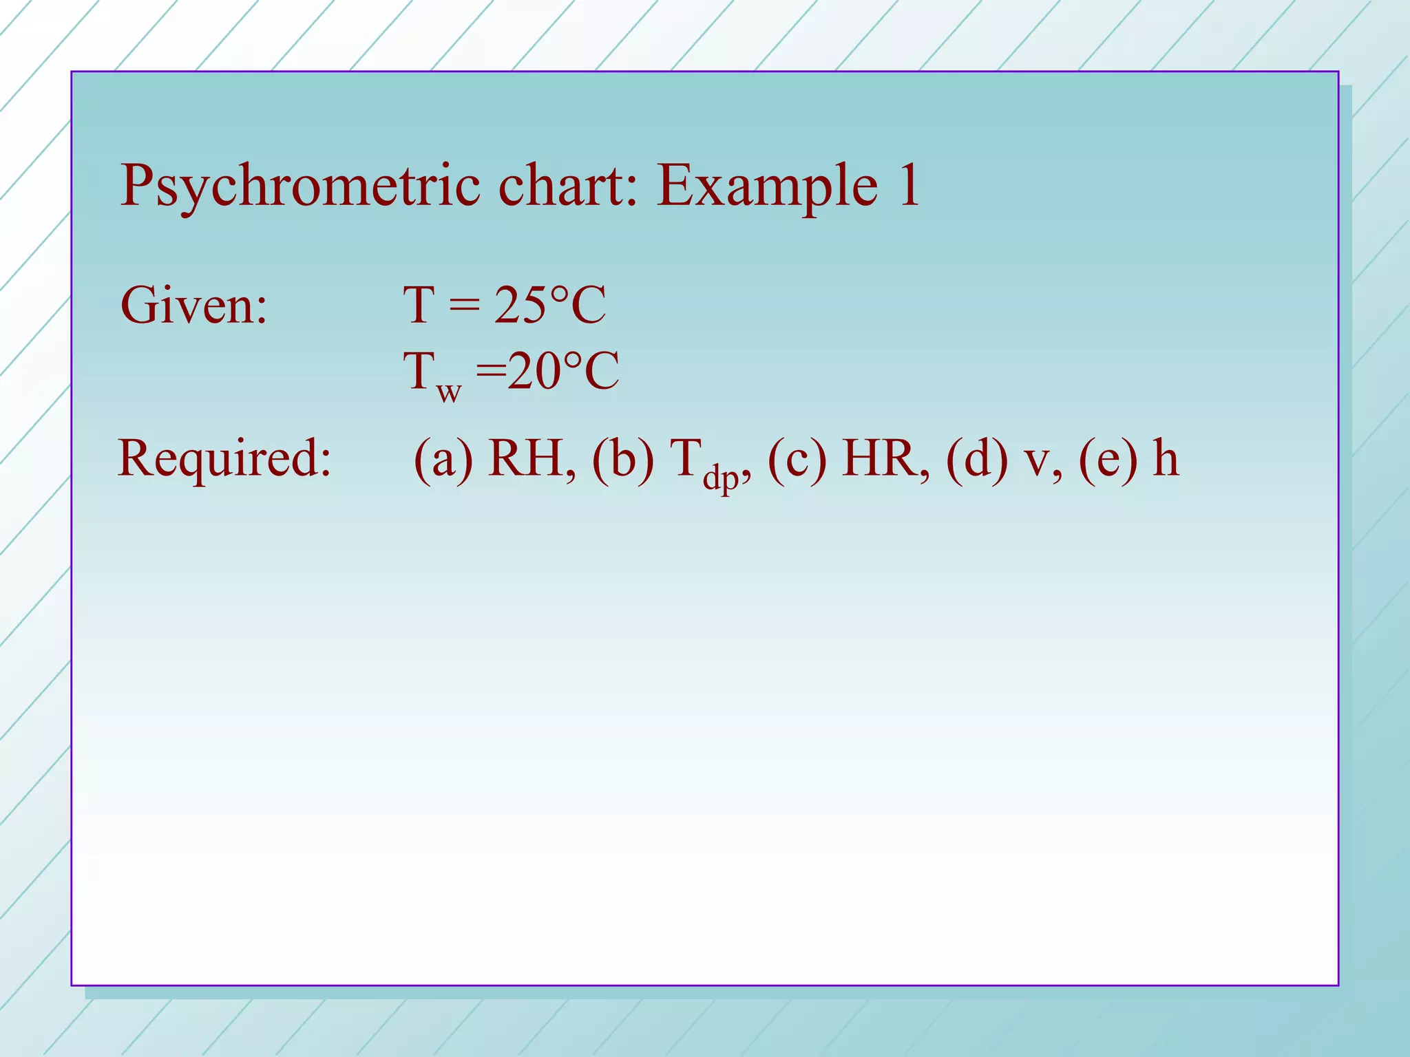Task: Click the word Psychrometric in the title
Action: pos(300,186)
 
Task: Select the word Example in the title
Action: pos(767,186)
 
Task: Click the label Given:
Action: pos(193,305)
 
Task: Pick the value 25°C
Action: pos(549,305)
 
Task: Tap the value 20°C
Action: pos(563,371)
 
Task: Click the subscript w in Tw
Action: pos(448,393)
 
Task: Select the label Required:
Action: pos(224,458)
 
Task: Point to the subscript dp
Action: pos(720,477)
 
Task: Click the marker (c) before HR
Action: pos(797,458)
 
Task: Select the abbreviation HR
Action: pos(884,458)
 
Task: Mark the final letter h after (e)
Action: pos(1166,458)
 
